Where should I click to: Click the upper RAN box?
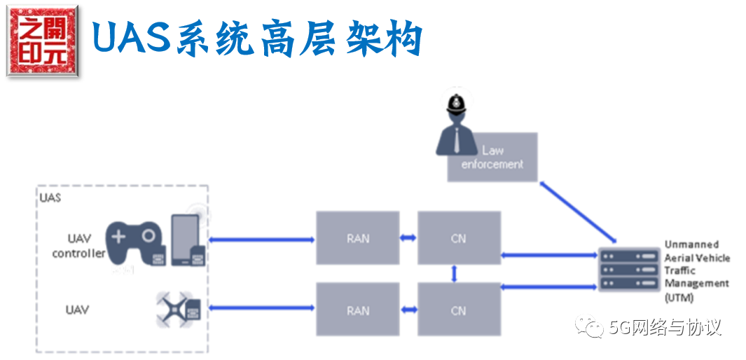tap(357, 238)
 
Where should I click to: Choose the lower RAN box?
tap(357, 310)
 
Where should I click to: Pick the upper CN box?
tap(459, 238)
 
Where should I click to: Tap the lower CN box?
tap(459, 310)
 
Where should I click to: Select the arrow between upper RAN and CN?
tap(408, 239)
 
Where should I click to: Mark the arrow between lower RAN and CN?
tap(408, 310)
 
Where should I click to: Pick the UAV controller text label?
tap(78, 246)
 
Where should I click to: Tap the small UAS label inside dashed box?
tap(50, 198)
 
